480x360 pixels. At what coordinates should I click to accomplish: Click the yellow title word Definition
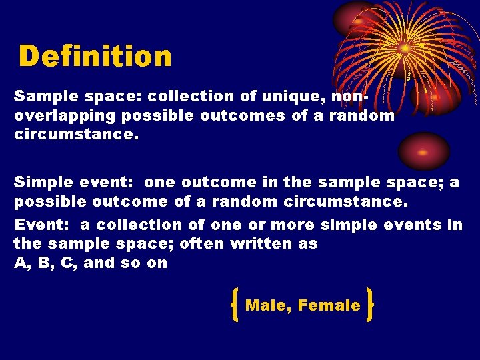tap(95, 57)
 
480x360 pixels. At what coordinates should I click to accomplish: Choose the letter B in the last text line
tap(43, 262)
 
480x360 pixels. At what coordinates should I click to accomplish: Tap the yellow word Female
tap(329, 305)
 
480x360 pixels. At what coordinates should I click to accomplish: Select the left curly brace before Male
tap(235, 305)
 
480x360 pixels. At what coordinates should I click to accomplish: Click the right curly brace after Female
tap(369, 305)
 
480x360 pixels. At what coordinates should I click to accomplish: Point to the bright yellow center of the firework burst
tap(404, 48)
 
